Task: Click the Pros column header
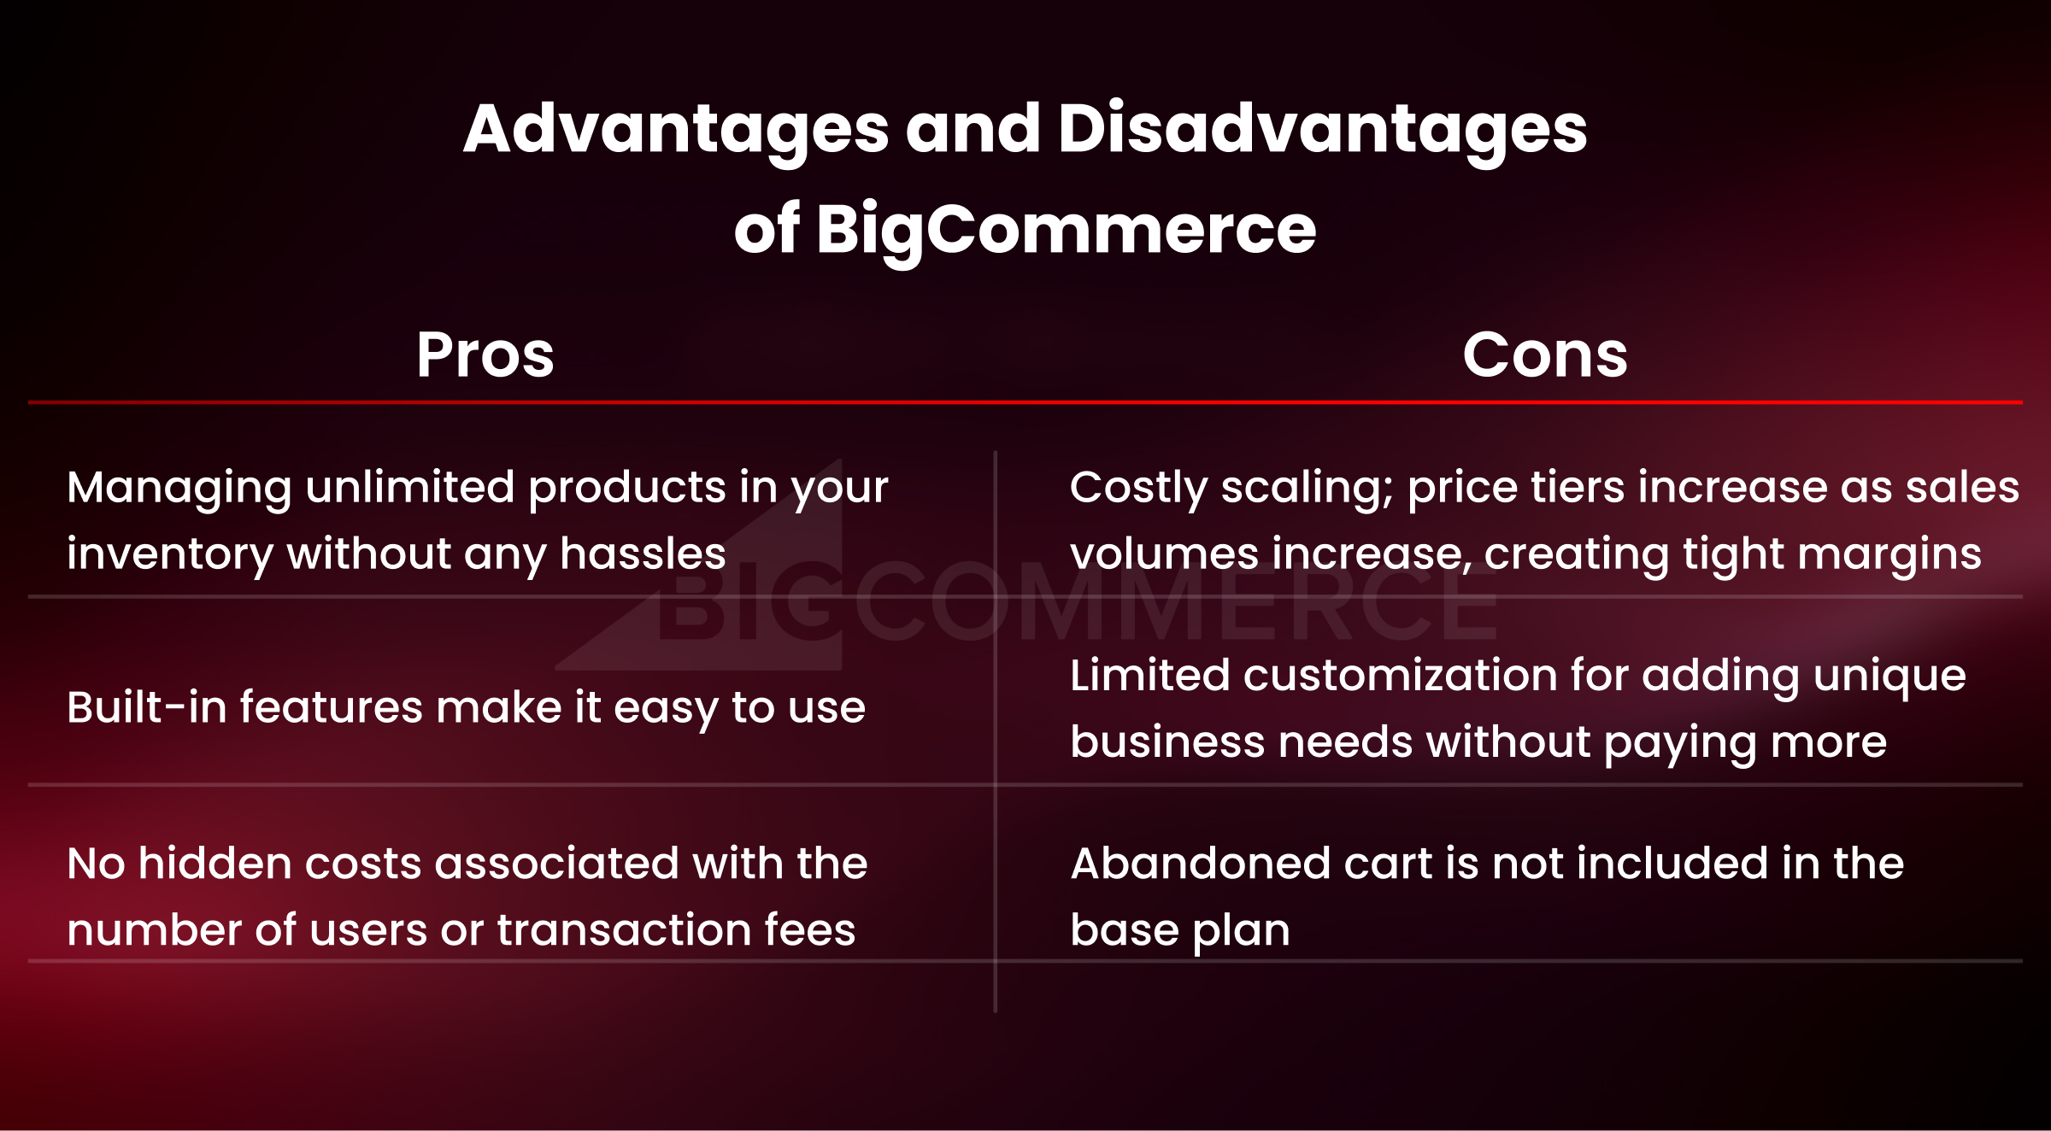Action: click(485, 355)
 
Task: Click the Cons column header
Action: click(1545, 355)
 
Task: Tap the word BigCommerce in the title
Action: click(1066, 229)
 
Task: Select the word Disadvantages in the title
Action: click(1322, 129)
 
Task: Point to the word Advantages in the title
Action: click(676, 129)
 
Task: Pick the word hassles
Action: click(643, 554)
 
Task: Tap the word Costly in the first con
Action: click(1138, 489)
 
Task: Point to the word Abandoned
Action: click(1201, 863)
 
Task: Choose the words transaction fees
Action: click(676, 929)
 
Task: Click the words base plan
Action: click(1180, 929)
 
